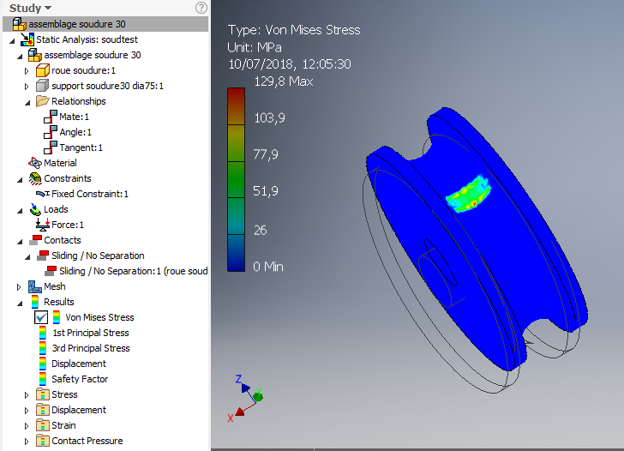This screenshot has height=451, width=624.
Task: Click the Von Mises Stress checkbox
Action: pyautogui.click(x=41, y=317)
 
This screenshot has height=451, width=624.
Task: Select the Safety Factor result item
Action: pyautogui.click(x=79, y=379)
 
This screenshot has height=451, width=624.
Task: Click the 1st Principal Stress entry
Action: pyautogui.click(x=90, y=333)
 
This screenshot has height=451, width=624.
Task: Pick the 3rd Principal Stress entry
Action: pyautogui.click(x=91, y=348)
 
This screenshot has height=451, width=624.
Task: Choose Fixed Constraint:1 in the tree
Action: pyautogui.click(x=89, y=194)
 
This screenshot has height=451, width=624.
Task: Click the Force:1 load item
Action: pyautogui.click(x=68, y=225)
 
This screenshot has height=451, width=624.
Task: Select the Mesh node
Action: pyautogui.click(x=54, y=286)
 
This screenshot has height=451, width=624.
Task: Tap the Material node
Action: pyautogui.click(x=60, y=163)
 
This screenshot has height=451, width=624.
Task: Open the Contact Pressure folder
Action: pyautogui.click(x=87, y=441)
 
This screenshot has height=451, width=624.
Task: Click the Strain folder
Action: pyautogui.click(x=63, y=425)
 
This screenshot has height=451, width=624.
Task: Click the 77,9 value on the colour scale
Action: pyautogui.click(x=267, y=154)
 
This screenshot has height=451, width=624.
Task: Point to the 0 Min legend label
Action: pyautogui.click(x=268, y=267)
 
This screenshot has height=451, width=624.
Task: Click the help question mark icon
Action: pyautogui.click(x=201, y=8)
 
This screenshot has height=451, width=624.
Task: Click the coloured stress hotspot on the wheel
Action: pyautogui.click(x=468, y=193)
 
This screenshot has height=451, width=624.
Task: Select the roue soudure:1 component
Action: pyautogui.click(x=83, y=70)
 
